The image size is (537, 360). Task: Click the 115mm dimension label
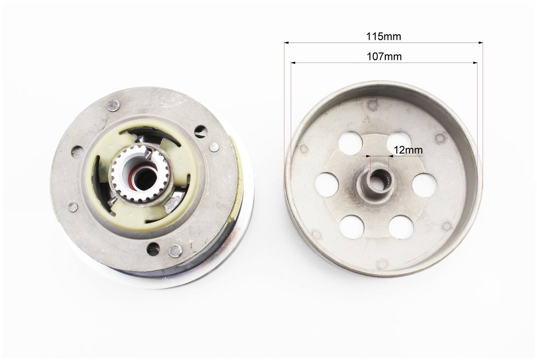tap(383, 36)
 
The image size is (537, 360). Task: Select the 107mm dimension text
tap(384, 57)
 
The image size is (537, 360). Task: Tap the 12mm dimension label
tap(407, 150)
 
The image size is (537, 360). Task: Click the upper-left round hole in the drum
tap(351, 143)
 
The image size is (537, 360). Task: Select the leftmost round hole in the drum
tap(327, 184)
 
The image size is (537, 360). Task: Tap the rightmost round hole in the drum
tap(424, 185)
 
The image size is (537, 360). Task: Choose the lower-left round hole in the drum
tap(352, 227)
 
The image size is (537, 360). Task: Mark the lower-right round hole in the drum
tap(401, 227)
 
